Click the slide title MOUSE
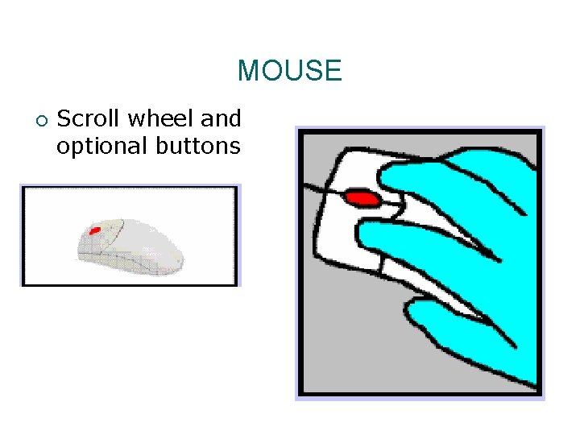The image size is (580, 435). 289,71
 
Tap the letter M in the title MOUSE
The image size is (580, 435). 247,71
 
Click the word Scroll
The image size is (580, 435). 88,119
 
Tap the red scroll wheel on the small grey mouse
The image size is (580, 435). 94,231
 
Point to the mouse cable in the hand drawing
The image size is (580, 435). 318,191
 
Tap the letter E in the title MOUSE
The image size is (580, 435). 333,71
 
